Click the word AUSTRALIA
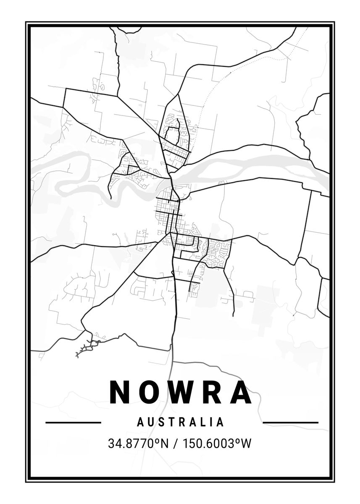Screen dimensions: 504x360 (181, 422)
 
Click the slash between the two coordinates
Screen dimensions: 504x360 (174, 444)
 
